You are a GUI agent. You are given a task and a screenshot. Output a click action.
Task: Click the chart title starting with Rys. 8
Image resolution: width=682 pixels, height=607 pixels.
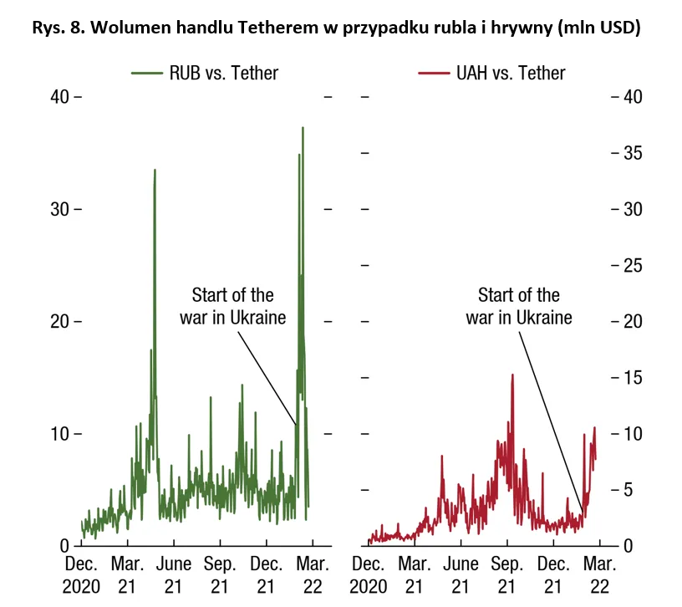336,28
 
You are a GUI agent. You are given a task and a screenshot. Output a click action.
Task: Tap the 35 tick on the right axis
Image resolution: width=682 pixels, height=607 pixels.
629,153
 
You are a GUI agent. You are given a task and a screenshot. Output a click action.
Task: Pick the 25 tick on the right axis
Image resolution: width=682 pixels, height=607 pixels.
629,266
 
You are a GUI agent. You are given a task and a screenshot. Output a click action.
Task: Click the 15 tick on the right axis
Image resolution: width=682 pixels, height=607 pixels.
629,378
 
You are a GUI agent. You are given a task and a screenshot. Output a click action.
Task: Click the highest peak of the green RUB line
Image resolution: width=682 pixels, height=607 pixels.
303,128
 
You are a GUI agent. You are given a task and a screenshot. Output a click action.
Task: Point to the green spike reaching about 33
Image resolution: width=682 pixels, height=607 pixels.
155,171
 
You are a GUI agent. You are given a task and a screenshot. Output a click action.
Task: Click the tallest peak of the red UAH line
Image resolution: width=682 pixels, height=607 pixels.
511,375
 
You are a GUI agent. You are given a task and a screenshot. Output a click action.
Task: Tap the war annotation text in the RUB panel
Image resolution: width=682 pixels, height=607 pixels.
232,306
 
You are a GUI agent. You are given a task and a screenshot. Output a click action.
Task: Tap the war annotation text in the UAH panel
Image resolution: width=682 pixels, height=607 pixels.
519,306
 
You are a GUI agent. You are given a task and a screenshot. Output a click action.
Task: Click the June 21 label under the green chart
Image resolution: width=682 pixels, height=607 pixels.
173,575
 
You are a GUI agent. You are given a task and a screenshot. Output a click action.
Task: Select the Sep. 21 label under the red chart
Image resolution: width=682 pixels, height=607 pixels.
506,575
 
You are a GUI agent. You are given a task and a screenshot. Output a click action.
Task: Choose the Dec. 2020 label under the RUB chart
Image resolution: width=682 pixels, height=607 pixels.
82,575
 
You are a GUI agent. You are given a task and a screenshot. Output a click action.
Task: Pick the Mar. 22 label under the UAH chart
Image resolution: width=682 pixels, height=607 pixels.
601,575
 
